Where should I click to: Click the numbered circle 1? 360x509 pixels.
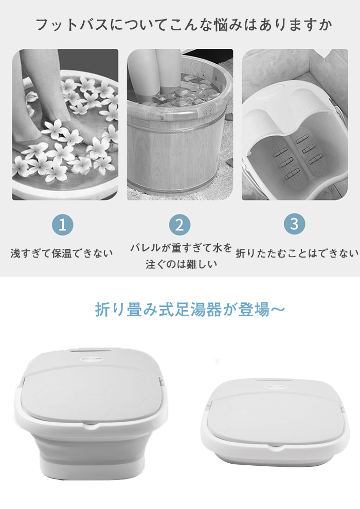pos(63,225)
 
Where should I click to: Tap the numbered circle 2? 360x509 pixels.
pos(179,225)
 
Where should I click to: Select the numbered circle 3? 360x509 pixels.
pos(294,224)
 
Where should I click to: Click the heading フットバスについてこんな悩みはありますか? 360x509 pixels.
pos(184,25)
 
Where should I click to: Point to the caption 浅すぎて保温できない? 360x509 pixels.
pos(62,253)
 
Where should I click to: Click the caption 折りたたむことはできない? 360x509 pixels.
pos(297,253)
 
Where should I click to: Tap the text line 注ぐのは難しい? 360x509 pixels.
pos(181,264)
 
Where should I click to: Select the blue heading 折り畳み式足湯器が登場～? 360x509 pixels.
pos(190,310)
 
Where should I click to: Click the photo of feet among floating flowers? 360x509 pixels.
pos(65,124)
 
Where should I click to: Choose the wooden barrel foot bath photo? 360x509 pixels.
pos(180,124)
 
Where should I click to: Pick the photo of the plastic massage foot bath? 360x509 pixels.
pos(295,124)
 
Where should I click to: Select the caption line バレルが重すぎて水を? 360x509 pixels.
pos(181,248)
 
